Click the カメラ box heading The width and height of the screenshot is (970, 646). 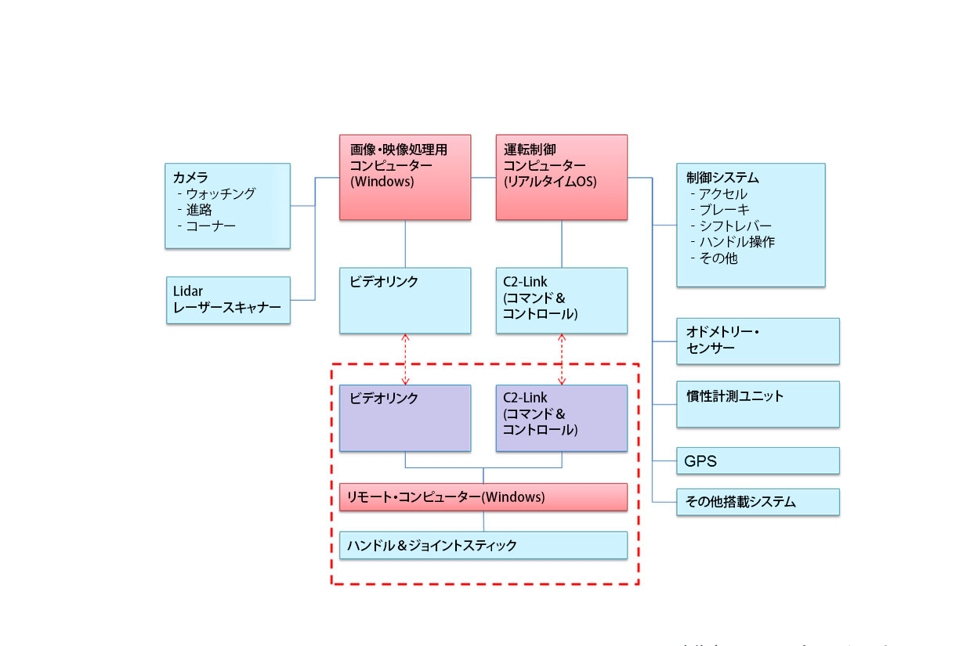pos(190,178)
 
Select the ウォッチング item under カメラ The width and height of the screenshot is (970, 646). pos(220,194)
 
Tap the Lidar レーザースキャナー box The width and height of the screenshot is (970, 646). pos(228,300)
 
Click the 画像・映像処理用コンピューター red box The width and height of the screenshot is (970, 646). pos(405,177)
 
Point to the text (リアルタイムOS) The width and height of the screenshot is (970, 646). pos(550,182)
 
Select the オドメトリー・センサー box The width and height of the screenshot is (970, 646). pos(758,341)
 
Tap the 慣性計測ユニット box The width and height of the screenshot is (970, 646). pos(758,404)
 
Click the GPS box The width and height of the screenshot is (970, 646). pos(758,461)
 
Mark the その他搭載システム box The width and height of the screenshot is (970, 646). pos(758,502)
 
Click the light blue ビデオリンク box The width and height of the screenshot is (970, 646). pos(405,300)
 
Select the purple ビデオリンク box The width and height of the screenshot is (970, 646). pos(405,418)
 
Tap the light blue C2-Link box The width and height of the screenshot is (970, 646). pos(562,300)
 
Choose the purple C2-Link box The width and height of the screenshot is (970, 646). pos(562,418)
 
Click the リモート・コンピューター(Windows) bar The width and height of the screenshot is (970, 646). pos(483,497)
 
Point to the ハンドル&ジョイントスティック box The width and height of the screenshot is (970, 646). pos(483,545)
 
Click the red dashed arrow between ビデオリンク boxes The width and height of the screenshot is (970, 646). pos(405,359)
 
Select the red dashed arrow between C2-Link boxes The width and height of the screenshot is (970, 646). pos(562,359)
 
